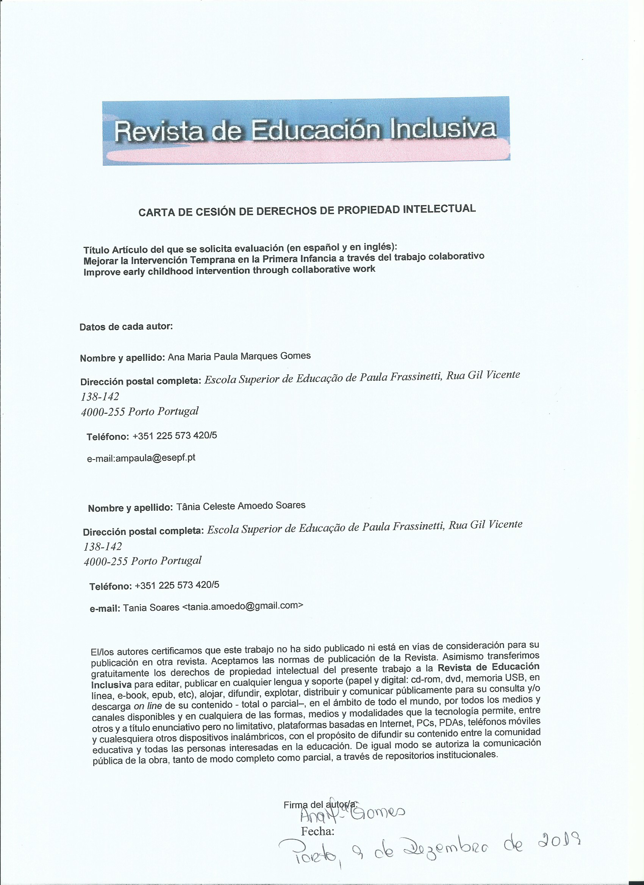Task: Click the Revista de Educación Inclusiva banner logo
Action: pyautogui.click(x=306, y=130)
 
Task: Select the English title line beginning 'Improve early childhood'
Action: pyautogui.click(x=229, y=270)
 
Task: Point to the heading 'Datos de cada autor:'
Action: pyautogui.click(x=126, y=327)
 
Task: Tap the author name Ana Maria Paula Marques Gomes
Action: pyautogui.click(x=239, y=356)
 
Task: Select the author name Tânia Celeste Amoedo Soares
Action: pyautogui.click(x=241, y=506)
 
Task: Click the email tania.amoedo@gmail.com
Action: pyautogui.click(x=242, y=606)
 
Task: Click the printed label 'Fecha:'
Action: pyautogui.click(x=317, y=832)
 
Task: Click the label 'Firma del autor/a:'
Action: pyautogui.click(x=320, y=804)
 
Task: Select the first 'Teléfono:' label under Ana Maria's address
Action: pyautogui.click(x=108, y=437)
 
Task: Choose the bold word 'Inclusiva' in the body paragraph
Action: pyautogui.click(x=111, y=685)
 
